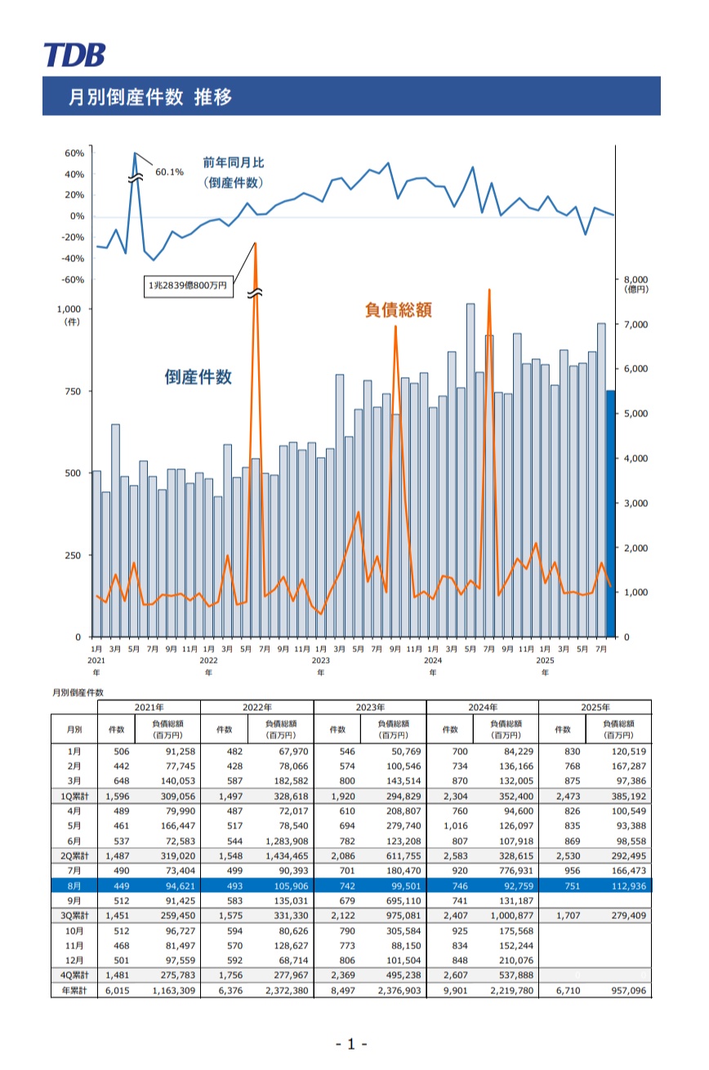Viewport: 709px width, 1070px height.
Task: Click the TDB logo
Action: click(x=74, y=55)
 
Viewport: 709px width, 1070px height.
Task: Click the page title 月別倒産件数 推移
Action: click(x=150, y=97)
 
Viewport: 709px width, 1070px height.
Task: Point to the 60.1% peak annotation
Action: click(x=169, y=172)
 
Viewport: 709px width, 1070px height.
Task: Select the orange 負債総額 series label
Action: click(x=397, y=310)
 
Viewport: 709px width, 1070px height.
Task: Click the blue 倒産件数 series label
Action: click(x=198, y=377)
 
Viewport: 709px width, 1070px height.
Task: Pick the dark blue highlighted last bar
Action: click(x=609, y=513)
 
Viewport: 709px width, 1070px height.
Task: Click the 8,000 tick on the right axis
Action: click(x=635, y=279)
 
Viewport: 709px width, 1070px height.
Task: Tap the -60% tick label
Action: click(x=74, y=280)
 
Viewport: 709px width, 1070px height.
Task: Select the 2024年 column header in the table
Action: click(x=482, y=707)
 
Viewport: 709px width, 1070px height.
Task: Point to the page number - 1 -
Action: click(x=352, y=1044)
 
